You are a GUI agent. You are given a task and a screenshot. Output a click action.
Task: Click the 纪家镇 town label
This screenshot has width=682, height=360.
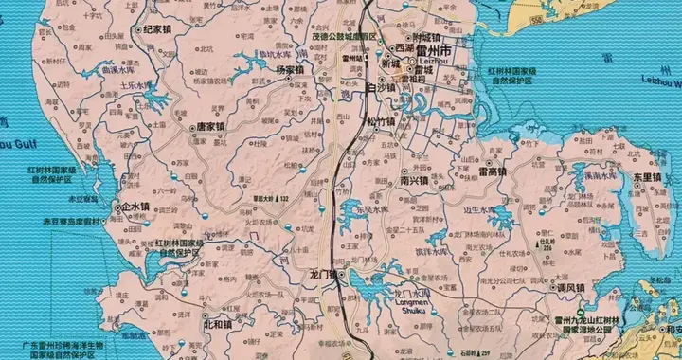pyautogui.click(x=160, y=30)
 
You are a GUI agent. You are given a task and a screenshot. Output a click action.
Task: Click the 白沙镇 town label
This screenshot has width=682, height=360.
pyautogui.click(x=357, y=87)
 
